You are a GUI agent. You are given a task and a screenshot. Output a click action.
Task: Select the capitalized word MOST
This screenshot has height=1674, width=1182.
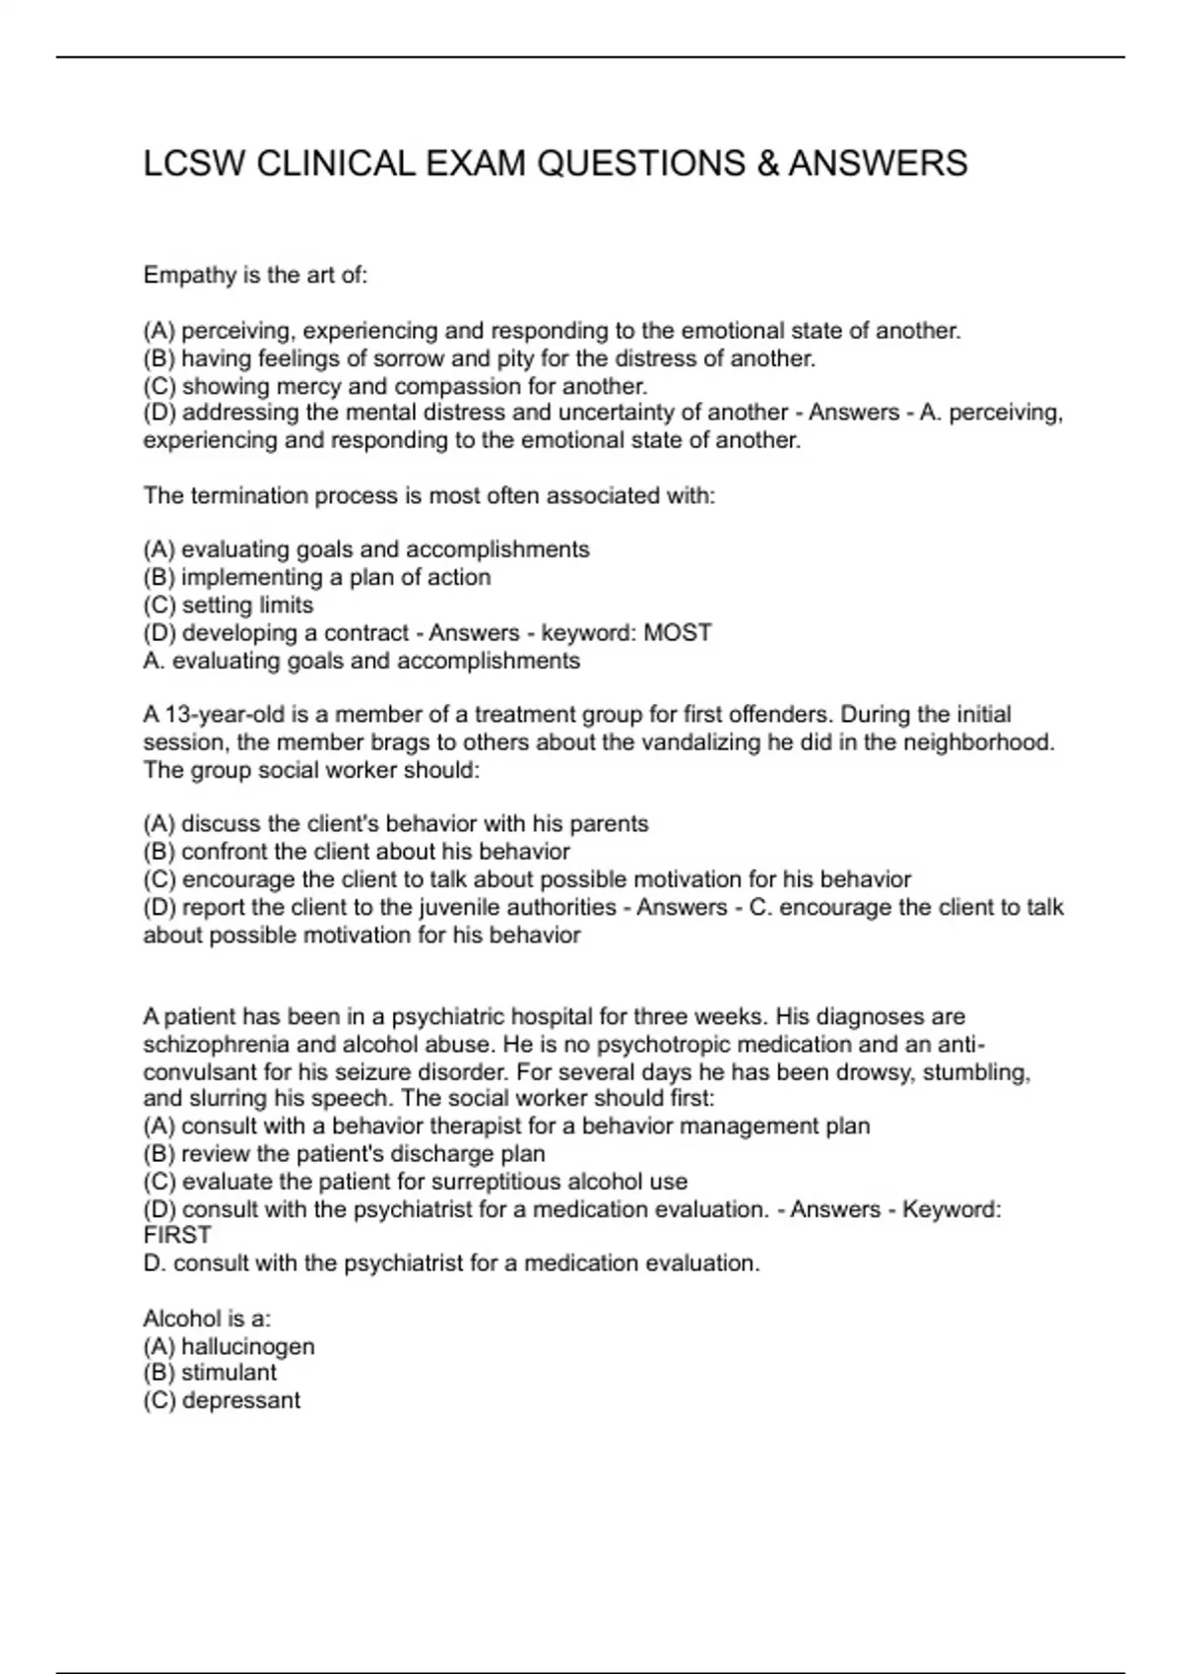(x=677, y=632)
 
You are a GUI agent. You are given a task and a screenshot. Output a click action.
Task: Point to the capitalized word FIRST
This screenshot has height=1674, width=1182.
(x=177, y=1236)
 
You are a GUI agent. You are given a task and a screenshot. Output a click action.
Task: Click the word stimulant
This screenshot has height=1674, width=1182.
(x=229, y=1373)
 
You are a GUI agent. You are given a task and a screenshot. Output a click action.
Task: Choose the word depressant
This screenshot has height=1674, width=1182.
(x=241, y=1400)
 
